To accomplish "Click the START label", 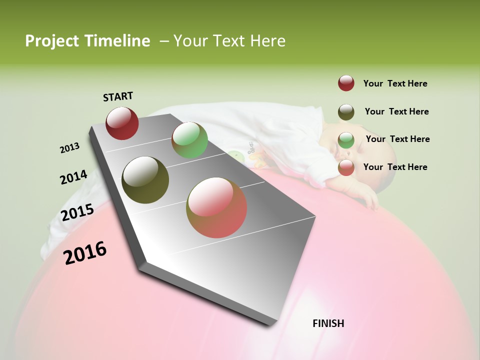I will click(118, 96).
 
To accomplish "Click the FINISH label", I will click(328, 323).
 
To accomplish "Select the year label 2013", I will click(69, 148).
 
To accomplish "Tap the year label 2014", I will click(73, 177).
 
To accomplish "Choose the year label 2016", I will click(85, 253).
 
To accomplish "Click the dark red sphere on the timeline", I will click(122, 123).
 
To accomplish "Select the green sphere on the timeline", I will click(189, 140).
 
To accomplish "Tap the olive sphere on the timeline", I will click(145, 180).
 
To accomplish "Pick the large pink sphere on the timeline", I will click(216, 207).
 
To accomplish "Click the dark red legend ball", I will click(346, 83).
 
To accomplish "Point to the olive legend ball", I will click(346, 112).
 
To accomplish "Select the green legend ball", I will click(346, 140).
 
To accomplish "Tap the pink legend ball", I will click(346, 167).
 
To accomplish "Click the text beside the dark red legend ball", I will click(395, 83).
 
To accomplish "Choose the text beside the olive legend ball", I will click(396, 111).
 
